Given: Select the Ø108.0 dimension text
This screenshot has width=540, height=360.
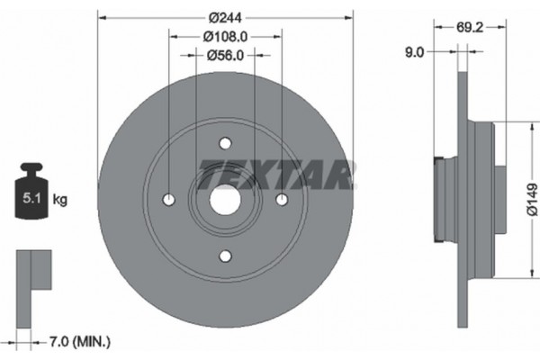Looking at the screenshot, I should point(224,36).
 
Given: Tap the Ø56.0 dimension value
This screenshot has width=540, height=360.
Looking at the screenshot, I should point(224,55).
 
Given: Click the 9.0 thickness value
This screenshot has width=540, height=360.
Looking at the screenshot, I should point(415,53).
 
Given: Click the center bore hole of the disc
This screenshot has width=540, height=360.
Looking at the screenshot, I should point(225,200).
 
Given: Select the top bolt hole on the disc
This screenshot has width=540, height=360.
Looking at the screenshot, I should point(225,142).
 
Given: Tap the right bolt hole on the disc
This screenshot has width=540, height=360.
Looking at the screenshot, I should point(281,200).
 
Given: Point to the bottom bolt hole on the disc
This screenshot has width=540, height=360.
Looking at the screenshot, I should point(225,256).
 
